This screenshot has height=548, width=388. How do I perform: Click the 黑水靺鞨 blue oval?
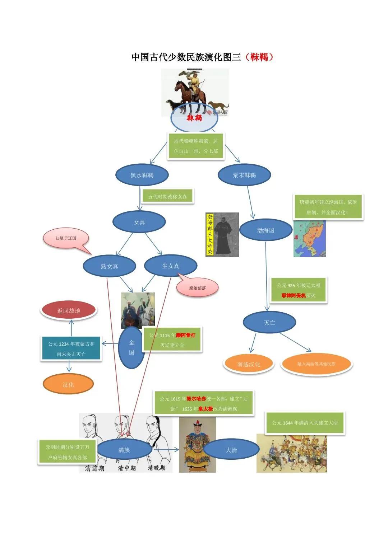pyautogui.click(x=142, y=175)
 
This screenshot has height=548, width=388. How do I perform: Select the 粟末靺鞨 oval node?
pyautogui.click(x=244, y=175)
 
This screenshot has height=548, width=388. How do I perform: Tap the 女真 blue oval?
pyautogui.click(x=139, y=222)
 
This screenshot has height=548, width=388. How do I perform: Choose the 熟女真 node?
pyautogui.click(x=109, y=266)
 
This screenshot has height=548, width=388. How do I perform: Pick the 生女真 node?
pyautogui.click(x=171, y=266)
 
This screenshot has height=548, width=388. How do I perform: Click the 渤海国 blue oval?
pyautogui.click(x=265, y=230)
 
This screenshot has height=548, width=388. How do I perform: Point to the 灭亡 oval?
pyautogui.click(x=269, y=322)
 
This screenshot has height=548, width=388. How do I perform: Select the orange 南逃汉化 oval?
pyautogui.click(x=249, y=364)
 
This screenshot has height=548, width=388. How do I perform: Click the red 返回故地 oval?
pyautogui.click(x=69, y=311)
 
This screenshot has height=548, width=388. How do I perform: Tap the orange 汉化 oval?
pyautogui.click(x=68, y=384)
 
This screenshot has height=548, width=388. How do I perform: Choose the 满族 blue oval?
pyautogui.click(x=124, y=450)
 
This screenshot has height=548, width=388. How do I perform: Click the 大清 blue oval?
pyautogui.click(x=231, y=450)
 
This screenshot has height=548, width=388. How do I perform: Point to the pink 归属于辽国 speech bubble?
pyautogui.click(x=66, y=238)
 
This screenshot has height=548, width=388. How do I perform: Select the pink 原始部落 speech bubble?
pyautogui.click(x=198, y=288)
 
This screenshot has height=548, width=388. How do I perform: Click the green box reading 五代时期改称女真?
pyautogui.click(x=168, y=197)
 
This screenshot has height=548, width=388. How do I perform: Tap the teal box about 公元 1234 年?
pyautogui.click(x=71, y=349)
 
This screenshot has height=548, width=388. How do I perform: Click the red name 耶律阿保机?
pyautogui.click(x=294, y=295)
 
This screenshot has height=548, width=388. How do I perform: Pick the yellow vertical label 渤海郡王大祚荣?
pyautogui.click(x=210, y=234)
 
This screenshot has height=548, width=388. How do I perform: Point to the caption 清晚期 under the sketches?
pyautogui.click(x=157, y=468)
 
